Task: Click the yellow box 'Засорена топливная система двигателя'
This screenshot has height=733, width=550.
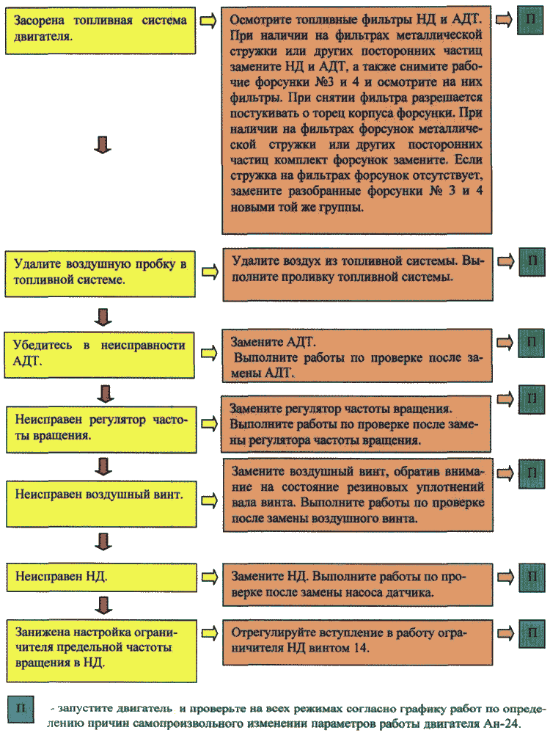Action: pyautogui.click(x=100, y=31)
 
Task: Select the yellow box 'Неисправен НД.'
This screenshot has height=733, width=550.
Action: pyautogui.click(x=101, y=577)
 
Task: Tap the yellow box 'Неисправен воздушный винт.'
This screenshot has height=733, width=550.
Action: pyautogui.click(x=101, y=504)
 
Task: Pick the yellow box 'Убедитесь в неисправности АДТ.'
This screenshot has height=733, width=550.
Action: pyautogui.click(x=100, y=355)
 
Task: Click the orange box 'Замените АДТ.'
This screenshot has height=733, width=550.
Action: pyautogui.click(x=357, y=356)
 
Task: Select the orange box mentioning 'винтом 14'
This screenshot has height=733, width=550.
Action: pyautogui.click(x=357, y=642)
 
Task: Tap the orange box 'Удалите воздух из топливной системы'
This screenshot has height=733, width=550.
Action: pyautogui.click(x=358, y=274)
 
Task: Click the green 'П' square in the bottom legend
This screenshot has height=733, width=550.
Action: pyautogui.click(x=21, y=710)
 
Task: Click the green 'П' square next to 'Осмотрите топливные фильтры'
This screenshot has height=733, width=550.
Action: pyautogui.click(x=530, y=20)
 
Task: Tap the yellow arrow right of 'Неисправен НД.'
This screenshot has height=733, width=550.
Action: pyautogui.click(x=210, y=577)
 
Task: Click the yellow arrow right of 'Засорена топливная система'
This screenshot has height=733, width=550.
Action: pyautogui.click(x=208, y=21)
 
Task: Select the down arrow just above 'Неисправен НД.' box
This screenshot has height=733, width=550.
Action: pyautogui.click(x=103, y=541)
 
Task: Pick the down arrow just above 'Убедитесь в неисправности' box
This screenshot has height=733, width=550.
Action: pyautogui.click(x=103, y=316)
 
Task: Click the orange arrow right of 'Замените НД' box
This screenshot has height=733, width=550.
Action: pyautogui.click(x=505, y=577)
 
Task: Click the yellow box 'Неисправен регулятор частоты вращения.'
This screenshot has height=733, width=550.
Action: pyautogui.click(x=101, y=430)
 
